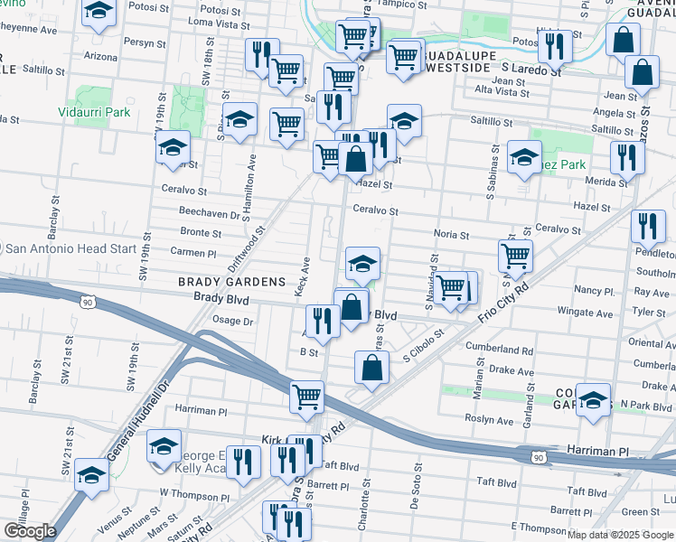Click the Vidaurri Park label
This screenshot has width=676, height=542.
[x=94, y=112]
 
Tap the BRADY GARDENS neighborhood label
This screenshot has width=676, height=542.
[x=231, y=282]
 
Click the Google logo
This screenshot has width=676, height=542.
[x=30, y=531]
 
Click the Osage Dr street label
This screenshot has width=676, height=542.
[x=232, y=321]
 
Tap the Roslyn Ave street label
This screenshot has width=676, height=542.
[x=490, y=420]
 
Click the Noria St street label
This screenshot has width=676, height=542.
[x=451, y=234]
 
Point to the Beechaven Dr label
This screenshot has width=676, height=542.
[x=209, y=216]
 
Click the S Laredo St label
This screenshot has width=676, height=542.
[x=530, y=68]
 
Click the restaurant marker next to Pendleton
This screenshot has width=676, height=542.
[x=647, y=228]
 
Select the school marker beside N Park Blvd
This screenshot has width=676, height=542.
[x=593, y=401]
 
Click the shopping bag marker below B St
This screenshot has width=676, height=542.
[x=371, y=367]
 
